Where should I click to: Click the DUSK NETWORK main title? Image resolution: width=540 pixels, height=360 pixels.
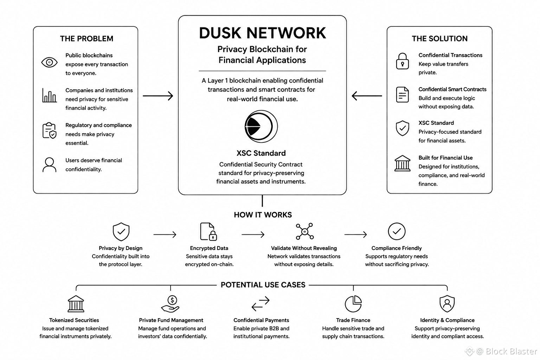(x=262, y=33)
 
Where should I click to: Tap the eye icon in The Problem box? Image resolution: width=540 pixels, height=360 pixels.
(x=50, y=63)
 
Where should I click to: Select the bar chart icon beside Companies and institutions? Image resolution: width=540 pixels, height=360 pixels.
(x=50, y=95)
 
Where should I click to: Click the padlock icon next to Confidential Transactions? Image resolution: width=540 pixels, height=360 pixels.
(x=402, y=61)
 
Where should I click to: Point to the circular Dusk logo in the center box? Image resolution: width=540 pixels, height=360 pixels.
(x=261, y=126)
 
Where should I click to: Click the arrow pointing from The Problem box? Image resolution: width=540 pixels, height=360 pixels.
(x=158, y=96)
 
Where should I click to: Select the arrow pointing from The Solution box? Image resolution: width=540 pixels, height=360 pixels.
(x=367, y=96)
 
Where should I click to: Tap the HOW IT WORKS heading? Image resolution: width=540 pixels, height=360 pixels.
(x=263, y=215)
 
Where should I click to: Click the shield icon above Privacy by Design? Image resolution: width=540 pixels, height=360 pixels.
(x=121, y=232)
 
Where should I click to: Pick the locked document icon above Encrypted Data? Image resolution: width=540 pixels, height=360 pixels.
(x=208, y=231)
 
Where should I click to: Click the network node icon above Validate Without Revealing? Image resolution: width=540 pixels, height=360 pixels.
(x=305, y=231)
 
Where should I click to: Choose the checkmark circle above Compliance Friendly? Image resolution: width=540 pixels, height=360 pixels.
(x=397, y=231)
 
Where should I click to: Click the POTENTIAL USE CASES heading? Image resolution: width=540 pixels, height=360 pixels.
(x=263, y=285)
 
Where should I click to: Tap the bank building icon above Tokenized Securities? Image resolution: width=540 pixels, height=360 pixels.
(x=76, y=304)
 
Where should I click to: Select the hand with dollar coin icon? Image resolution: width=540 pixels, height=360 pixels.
(x=171, y=304)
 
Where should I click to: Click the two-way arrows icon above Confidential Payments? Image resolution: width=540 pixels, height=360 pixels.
(x=261, y=304)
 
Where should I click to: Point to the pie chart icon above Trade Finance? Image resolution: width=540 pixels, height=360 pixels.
(x=353, y=304)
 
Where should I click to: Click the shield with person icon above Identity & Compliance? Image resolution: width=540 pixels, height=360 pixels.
(x=447, y=304)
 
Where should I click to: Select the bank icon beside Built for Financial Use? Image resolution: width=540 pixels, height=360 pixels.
(x=402, y=163)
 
